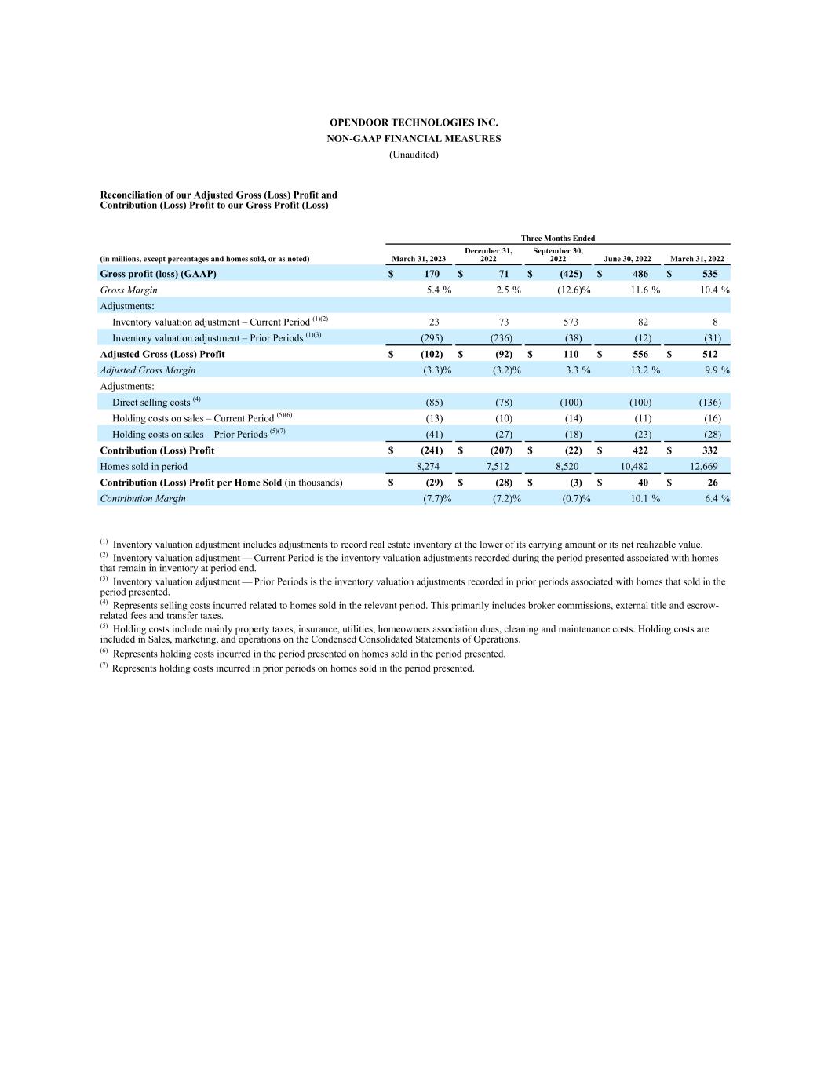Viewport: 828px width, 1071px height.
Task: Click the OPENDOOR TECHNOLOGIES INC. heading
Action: [x=414, y=122]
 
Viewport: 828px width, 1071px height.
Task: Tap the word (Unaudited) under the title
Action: [x=414, y=155]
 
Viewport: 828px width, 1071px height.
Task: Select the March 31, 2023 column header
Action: [x=418, y=259]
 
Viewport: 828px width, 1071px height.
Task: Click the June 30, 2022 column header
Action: [x=627, y=259]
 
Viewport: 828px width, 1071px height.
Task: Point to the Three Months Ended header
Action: [x=558, y=238]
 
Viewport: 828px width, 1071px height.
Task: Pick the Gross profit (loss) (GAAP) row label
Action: [x=158, y=274]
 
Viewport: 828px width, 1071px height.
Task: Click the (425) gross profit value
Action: [x=571, y=274]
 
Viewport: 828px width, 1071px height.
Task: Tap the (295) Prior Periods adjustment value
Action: [x=432, y=338]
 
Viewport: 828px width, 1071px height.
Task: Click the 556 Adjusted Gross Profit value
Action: [x=640, y=354]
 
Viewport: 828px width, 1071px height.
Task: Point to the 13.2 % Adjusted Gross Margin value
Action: [x=645, y=370]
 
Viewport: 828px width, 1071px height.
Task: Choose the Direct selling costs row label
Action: [x=151, y=403]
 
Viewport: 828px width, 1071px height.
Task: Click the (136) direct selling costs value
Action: [x=709, y=403]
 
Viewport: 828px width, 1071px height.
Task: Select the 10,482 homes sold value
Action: [x=634, y=466]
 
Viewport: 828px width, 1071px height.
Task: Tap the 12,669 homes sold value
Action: [x=703, y=466]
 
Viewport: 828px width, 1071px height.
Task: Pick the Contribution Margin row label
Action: [x=143, y=498]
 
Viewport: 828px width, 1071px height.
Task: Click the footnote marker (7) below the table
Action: [x=104, y=666]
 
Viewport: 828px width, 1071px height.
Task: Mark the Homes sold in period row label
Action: [x=144, y=466]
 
